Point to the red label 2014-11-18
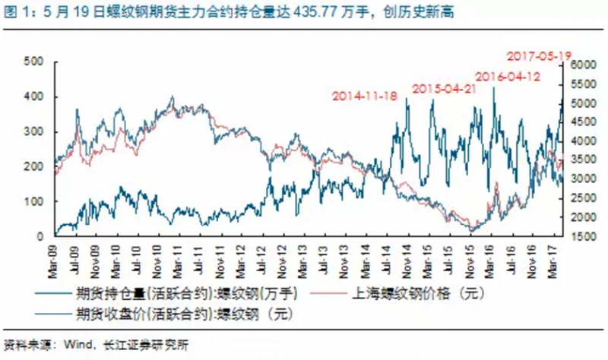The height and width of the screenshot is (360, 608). (x=364, y=96)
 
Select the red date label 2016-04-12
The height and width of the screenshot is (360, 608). (x=507, y=77)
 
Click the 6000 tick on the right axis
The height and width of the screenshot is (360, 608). (x=580, y=66)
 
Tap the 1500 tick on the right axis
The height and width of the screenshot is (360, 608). (x=580, y=236)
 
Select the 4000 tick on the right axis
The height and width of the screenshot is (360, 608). (x=580, y=141)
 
